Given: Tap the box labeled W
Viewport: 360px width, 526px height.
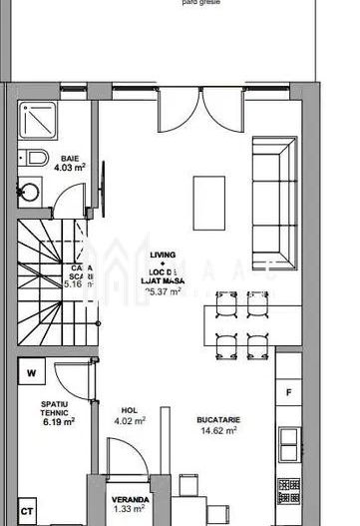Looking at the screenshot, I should (32, 374).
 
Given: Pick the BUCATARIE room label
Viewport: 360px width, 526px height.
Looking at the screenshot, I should (218, 420).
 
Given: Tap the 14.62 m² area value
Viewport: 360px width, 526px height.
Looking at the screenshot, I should (218, 432).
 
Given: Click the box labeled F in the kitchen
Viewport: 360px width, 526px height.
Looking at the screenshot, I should (288, 391).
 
